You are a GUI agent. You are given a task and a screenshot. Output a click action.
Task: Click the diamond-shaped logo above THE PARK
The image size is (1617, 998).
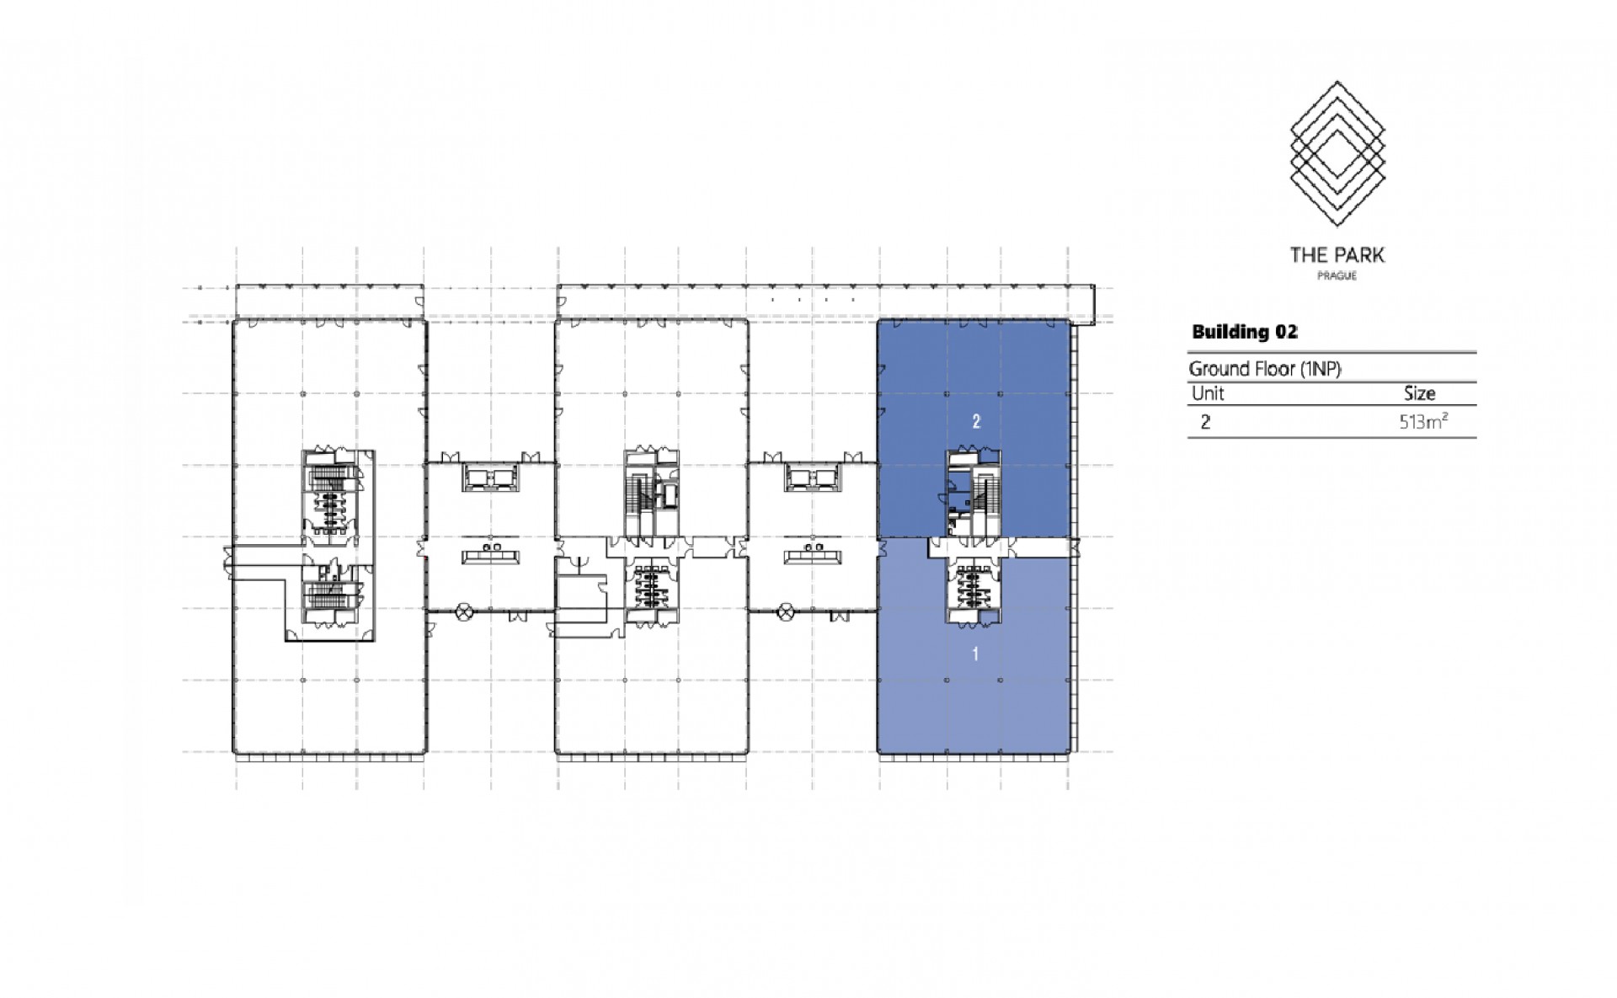(x=1337, y=152)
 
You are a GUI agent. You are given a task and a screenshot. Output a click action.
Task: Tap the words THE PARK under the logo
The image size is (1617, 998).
(x=1337, y=254)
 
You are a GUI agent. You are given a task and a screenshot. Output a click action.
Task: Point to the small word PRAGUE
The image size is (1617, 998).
(x=1337, y=276)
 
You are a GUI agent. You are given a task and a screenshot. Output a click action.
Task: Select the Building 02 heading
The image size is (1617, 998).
(x=1244, y=332)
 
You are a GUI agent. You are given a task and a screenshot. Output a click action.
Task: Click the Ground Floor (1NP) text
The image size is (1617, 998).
(x=1264, y=369)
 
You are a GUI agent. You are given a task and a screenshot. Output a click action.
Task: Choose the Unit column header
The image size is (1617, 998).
(x=1207, y=393)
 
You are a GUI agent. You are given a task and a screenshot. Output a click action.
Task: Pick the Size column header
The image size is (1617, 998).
(x=1419, y=393)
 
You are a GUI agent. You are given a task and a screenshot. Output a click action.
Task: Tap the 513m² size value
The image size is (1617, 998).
(x=1423, y=422)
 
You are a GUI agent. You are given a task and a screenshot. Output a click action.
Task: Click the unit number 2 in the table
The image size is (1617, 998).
(x=1205, y=423)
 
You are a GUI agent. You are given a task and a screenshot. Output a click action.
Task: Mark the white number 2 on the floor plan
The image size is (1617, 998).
(x=976, y=422)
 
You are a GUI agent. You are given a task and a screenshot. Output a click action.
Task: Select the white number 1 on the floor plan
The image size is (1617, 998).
(x=975, y=654)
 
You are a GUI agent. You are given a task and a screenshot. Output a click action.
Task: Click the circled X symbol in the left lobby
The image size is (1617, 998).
(x=464, y=612)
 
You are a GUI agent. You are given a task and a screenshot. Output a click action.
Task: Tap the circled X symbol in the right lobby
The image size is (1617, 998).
(x=787, y=612)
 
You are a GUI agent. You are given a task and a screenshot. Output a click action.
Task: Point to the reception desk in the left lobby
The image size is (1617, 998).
(x=490, y=556)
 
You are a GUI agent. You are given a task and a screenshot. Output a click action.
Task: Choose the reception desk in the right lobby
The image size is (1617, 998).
(x=813, y=556)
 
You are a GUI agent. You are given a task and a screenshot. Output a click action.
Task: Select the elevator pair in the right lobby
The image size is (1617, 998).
(x=812, y=479)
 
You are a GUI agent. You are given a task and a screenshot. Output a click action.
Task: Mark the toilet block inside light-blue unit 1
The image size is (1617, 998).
(x=975, y=586)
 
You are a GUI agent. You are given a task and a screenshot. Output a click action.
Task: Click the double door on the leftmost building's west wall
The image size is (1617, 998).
(x=227, y=563)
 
